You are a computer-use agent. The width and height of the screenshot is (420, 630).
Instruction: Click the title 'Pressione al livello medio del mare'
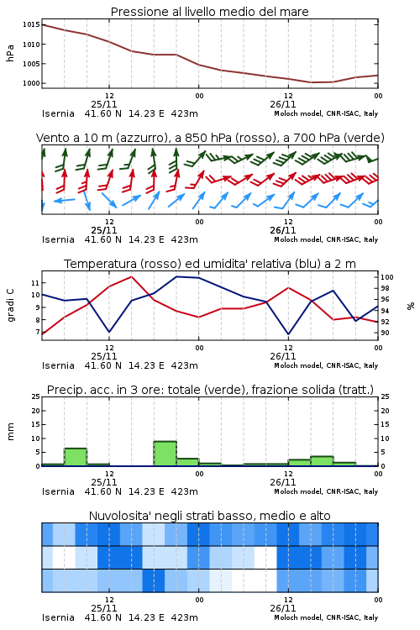click(x=209, y=12)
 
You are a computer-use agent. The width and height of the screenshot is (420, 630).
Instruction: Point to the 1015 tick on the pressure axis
click(x=31, y=25)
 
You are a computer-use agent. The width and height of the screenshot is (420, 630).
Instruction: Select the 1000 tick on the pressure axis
click(x=31, y=83)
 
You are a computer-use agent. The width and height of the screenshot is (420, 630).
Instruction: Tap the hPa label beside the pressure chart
click(x=10, y=53)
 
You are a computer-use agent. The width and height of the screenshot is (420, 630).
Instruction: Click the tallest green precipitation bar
click(x=165, y=454)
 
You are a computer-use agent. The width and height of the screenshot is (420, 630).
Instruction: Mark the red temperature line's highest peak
click(x=131, y=276)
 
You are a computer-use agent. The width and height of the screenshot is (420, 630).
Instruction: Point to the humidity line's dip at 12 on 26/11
click(x=288, y=333)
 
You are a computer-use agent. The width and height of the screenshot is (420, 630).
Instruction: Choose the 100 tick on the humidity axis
click(x=387, y=277)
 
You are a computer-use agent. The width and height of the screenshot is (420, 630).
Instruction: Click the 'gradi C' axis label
click(x=11, y=305)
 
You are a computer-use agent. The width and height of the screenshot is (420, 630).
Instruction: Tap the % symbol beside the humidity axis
click(x=411, y=306)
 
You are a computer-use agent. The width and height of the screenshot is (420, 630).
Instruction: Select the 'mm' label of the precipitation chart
click(x=10, y=432)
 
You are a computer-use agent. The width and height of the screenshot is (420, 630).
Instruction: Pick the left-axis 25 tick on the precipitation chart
click(x=36, y=396)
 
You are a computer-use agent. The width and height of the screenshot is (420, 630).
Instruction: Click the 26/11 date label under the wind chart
click(x=282, y=230)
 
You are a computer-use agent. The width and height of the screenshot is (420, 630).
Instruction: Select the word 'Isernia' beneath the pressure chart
click(x=58, y=113)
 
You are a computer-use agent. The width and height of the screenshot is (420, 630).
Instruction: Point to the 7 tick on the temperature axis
click(x=37, y=333)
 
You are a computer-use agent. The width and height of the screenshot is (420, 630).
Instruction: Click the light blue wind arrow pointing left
click(x=65, y=200)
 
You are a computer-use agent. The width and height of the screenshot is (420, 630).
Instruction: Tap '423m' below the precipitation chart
click(x=185, y=491)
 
